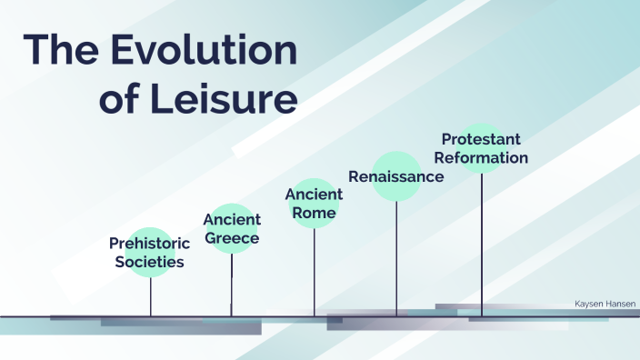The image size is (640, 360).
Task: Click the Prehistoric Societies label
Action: [x=150, y=253]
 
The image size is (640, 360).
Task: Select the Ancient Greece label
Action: [x=232, y=229]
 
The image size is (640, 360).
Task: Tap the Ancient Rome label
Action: [x=314, y=204]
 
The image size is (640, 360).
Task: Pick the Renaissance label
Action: [x=396, y=176]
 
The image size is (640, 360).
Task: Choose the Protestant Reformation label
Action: [x=482, y=148]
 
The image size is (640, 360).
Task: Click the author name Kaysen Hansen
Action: [x=606, y=305]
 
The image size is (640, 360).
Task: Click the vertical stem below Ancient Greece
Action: [x=232, y=286]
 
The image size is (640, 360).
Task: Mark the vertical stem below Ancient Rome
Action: [x=315, y=273]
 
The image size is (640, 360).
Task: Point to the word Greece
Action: [x=232, y=239]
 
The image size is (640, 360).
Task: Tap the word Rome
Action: [x=315, y=214]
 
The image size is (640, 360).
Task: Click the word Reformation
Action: [x=482, y=158]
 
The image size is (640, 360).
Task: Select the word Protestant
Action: [x=482, y=139]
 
